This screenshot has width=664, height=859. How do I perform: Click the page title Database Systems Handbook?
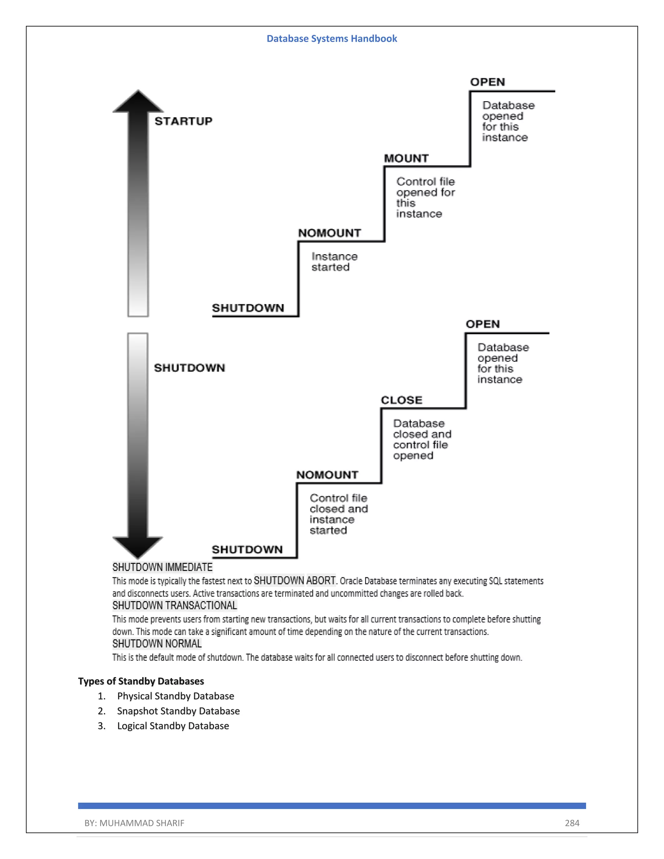332,39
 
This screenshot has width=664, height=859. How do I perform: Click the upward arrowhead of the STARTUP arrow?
138,102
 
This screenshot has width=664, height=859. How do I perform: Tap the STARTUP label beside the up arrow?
183,121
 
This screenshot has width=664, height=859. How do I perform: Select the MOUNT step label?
406,158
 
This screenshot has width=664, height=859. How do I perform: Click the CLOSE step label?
401,400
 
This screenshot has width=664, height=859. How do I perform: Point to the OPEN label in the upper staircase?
487,82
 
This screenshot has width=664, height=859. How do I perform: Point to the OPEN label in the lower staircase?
483,324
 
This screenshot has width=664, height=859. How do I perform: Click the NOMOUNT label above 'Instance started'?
329,233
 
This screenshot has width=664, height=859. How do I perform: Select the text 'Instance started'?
334,262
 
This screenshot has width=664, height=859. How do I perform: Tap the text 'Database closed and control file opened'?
422,439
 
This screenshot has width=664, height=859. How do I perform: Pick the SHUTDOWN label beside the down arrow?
189,368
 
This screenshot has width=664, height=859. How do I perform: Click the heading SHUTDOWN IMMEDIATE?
162,567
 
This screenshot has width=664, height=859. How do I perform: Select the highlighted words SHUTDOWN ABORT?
295,581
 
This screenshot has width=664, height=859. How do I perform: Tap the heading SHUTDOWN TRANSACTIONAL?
175,605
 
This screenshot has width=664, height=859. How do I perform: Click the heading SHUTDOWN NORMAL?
157,643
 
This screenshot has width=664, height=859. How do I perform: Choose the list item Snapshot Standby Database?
178,711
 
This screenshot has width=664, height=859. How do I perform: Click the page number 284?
572,823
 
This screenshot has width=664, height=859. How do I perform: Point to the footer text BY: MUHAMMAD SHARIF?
134,823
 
